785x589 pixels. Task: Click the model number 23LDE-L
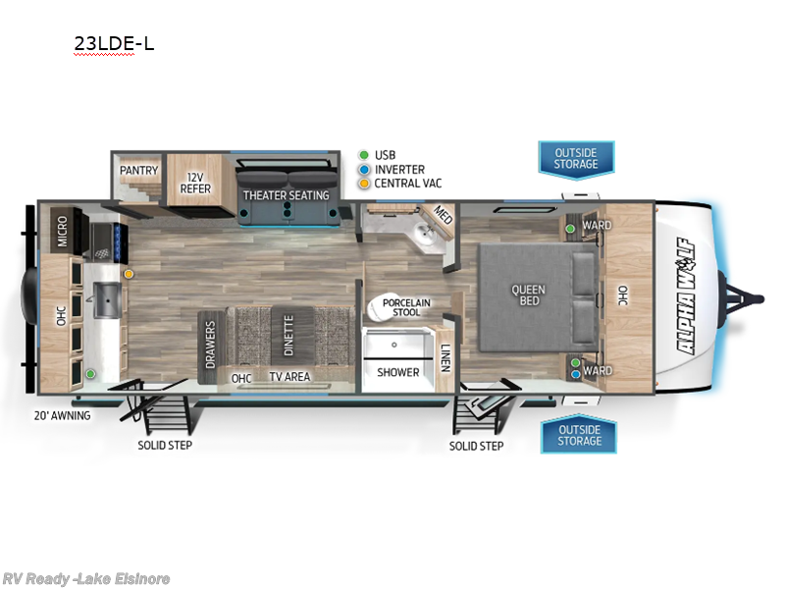pyautogui.click(x=114, y=44)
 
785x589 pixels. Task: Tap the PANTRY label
pyautogui.click(x=139, y=170)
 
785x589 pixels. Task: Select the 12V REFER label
pyautogui.click(x=195, y=182)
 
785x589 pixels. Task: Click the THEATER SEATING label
pyautogui.click(x=286, y=195)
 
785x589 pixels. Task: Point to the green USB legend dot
pyautogui.click(x=364, y=155)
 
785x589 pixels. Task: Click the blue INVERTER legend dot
pyautogui.click(x=364, y=169)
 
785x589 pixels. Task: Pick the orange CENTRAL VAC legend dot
pyautogui.click(x=364, y=183)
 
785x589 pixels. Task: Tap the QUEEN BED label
pyautogui.click(x=528, y=294)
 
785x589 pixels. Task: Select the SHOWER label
pyautogui.click(x=399, y=372)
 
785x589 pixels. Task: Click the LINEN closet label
pyautogui.click(x=445, y=357)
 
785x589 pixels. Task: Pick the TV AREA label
pyautogui.click(x=289, y=377)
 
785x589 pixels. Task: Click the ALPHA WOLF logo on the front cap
pyautogui.click(x=690, y=295)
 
